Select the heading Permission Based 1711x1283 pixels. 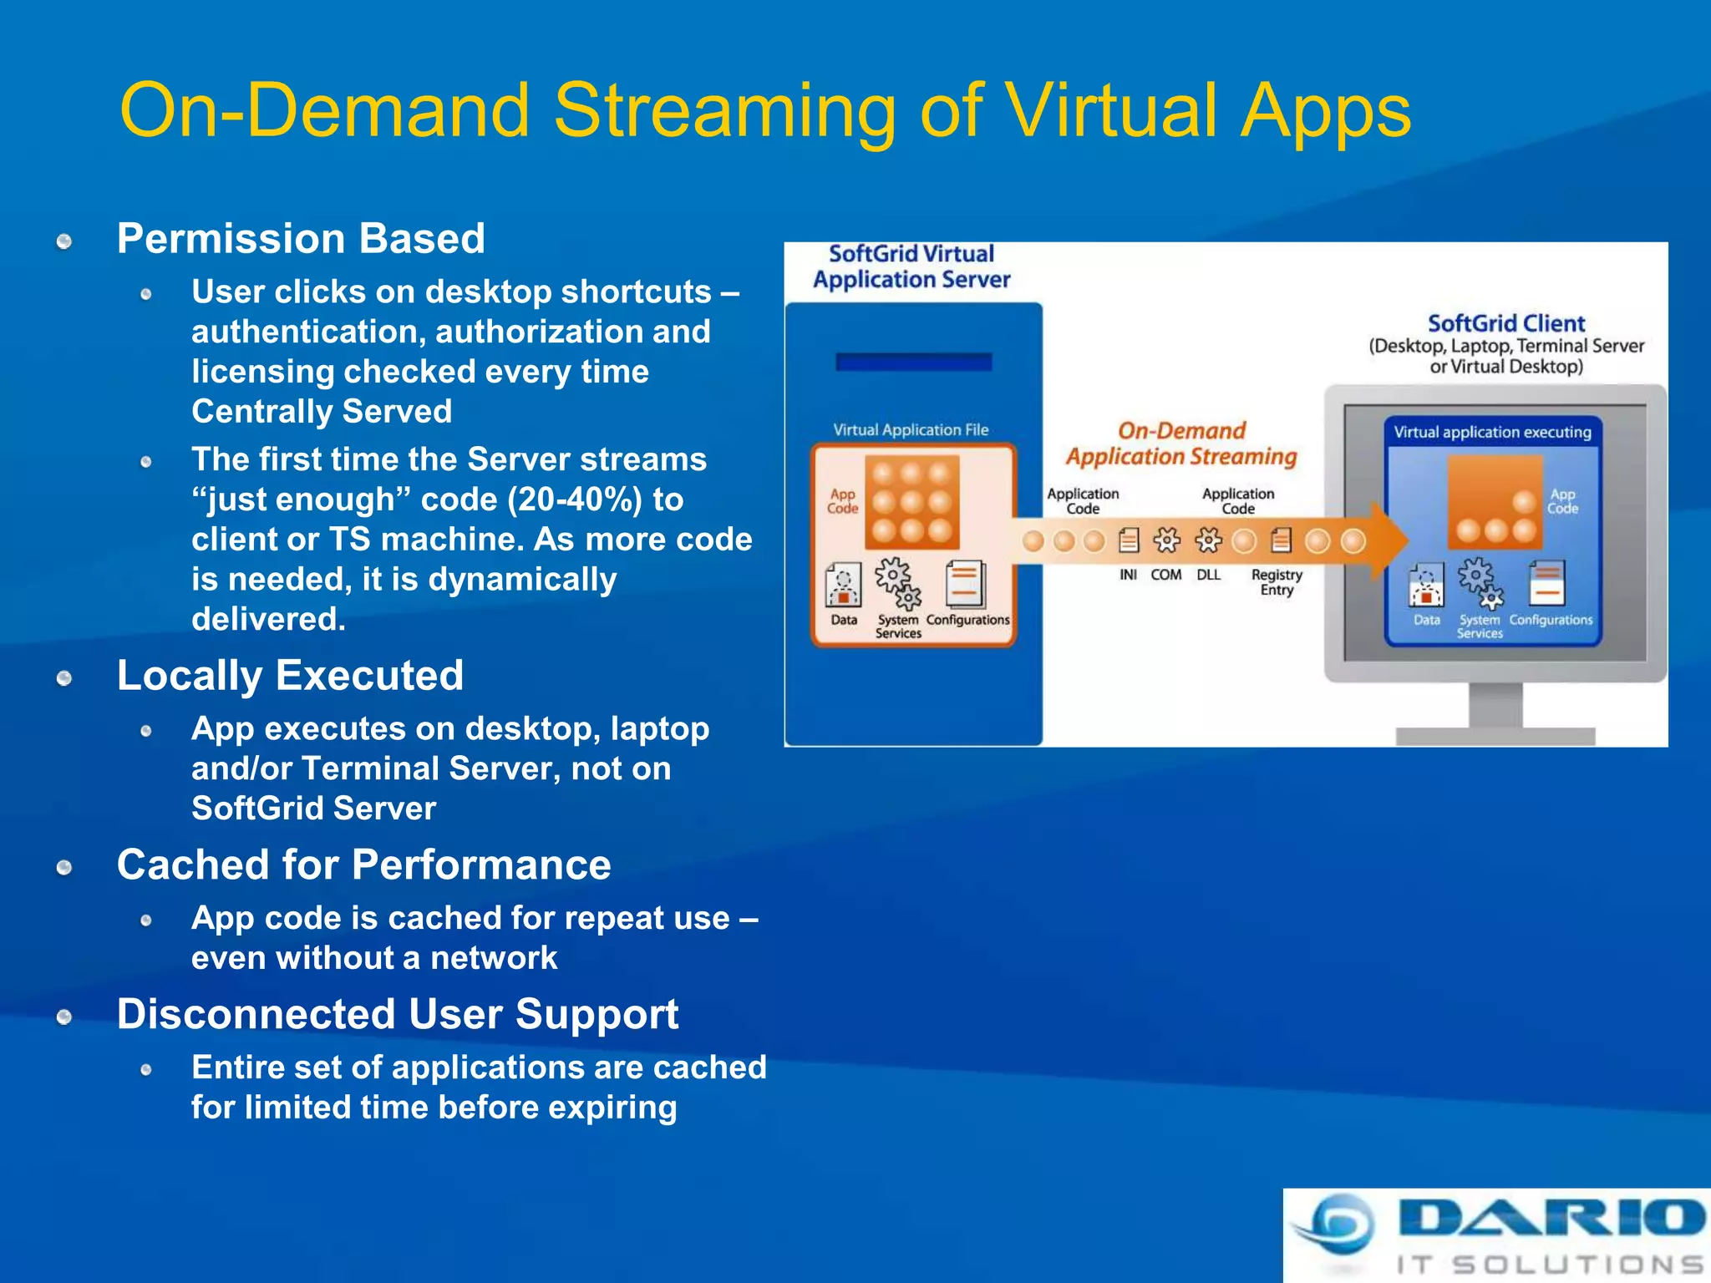[301, 239]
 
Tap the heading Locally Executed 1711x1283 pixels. [290, 676]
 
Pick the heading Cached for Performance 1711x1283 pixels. [363, 865]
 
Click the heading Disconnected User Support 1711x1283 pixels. [397, 1015]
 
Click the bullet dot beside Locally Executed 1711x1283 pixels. [64, 678]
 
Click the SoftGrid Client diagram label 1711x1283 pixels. [1505, 324]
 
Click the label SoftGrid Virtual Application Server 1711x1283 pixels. [911, 266]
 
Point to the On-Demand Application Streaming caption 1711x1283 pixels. [1181, 444]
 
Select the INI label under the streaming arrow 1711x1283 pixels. [1128, 575]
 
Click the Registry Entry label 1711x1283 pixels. [1277, 582]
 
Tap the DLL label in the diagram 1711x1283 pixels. [1208, 575]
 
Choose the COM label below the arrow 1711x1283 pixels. [1165, 575]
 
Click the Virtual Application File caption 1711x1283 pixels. [911, 430]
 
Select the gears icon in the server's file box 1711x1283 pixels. [898, 583]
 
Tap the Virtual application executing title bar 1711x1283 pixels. [1492, 433]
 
